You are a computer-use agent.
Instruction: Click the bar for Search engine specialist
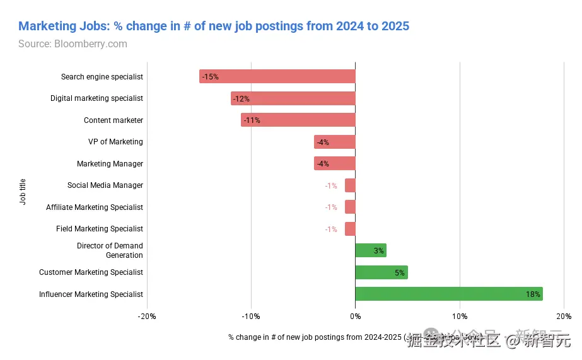point(277,77)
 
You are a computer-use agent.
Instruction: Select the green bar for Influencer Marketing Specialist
point(449,294)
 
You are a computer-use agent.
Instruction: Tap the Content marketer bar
point(298,120)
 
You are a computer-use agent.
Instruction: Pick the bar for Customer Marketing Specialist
point(381,272)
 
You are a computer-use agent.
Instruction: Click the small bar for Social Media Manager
point(350,185)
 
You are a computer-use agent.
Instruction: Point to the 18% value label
point(533,294)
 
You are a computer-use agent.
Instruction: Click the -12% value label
point(241,99)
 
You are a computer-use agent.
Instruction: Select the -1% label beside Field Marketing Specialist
point(331,229)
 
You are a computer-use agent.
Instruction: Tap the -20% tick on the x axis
point(147,316)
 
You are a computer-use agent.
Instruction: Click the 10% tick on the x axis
point(460,316)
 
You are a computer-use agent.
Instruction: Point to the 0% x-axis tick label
point(355,316)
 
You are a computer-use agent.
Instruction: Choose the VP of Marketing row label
point(115,142)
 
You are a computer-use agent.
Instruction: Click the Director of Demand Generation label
point(110,250)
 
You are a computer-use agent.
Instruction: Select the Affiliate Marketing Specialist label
point(95,207)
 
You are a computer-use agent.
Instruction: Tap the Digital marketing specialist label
point(96,98)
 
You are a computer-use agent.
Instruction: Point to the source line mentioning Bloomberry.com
point(73,44)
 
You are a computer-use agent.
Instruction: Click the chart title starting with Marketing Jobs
point(214,26)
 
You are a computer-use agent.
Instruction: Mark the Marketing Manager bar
point(335,164)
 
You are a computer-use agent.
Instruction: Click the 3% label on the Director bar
point(378,251)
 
